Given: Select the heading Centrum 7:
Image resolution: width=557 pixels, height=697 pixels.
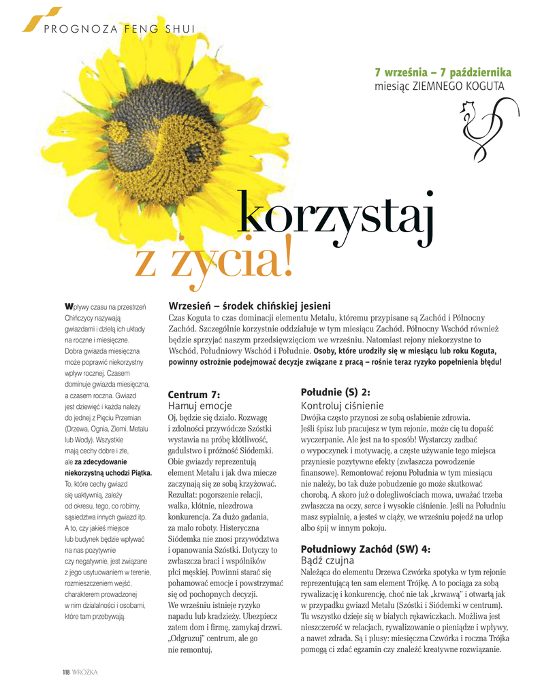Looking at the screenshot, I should pos(194,394).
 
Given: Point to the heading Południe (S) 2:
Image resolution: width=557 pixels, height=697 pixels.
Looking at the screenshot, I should pos(335,392).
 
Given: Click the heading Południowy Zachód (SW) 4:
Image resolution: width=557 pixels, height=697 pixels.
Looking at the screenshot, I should pos(366,549).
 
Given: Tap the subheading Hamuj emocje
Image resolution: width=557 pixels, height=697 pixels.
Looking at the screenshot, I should pos(200,406).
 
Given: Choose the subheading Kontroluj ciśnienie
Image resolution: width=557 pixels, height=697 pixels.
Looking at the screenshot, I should pos(342,405).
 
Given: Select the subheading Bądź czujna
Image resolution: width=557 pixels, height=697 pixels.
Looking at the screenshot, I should pos(328,560).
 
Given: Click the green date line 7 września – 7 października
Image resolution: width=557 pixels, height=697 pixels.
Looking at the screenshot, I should pos(443,73).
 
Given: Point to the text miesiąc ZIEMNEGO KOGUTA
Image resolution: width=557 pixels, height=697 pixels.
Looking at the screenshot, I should pos(439,86).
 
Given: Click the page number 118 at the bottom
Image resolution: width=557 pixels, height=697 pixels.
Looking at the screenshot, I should pos(66,672).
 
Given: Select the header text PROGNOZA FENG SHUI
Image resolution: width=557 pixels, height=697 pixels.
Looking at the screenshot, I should pos(120,29).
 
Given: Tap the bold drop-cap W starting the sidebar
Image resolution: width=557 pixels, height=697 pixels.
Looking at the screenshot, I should pos(68,306).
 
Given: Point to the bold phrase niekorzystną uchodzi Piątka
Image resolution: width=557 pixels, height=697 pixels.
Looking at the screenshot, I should pos(108,472).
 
